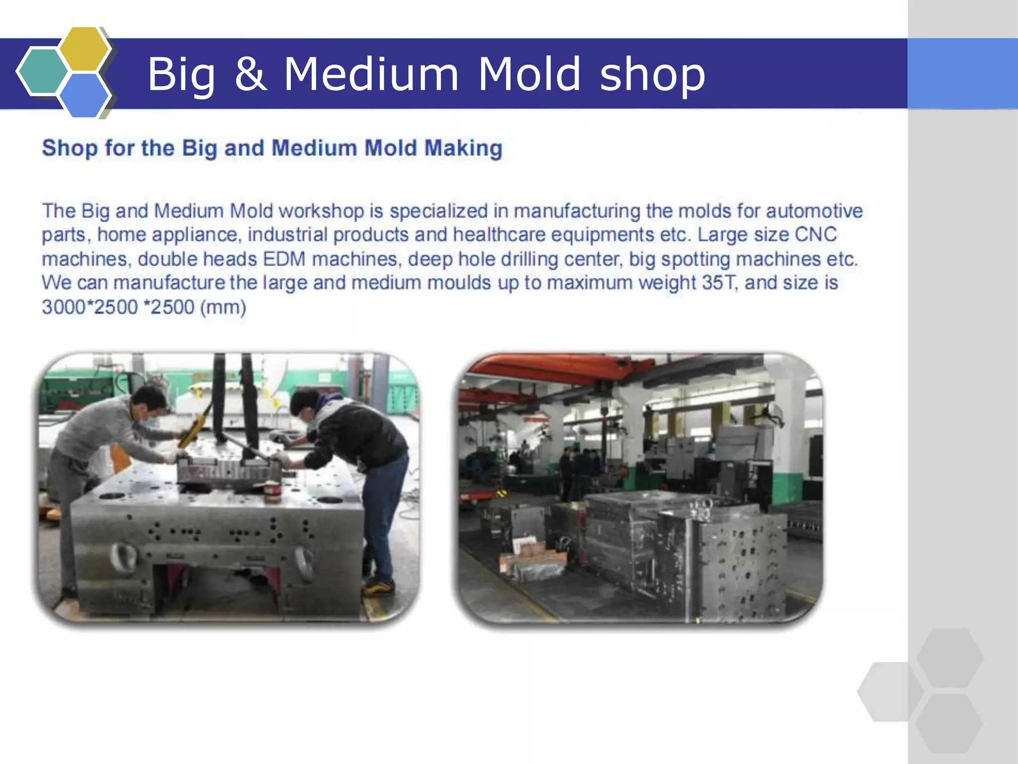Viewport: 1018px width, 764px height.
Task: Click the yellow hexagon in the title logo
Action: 85,49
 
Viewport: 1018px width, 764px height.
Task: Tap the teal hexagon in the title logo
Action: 42,71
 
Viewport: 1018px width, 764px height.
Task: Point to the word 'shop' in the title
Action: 652,75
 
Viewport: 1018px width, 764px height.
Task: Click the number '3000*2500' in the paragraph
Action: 89,307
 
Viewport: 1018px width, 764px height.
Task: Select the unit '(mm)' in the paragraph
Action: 223,307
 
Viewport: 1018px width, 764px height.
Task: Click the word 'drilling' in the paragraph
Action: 529,259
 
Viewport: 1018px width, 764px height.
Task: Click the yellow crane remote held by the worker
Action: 190,432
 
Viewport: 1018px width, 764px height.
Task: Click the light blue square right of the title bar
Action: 962,74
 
